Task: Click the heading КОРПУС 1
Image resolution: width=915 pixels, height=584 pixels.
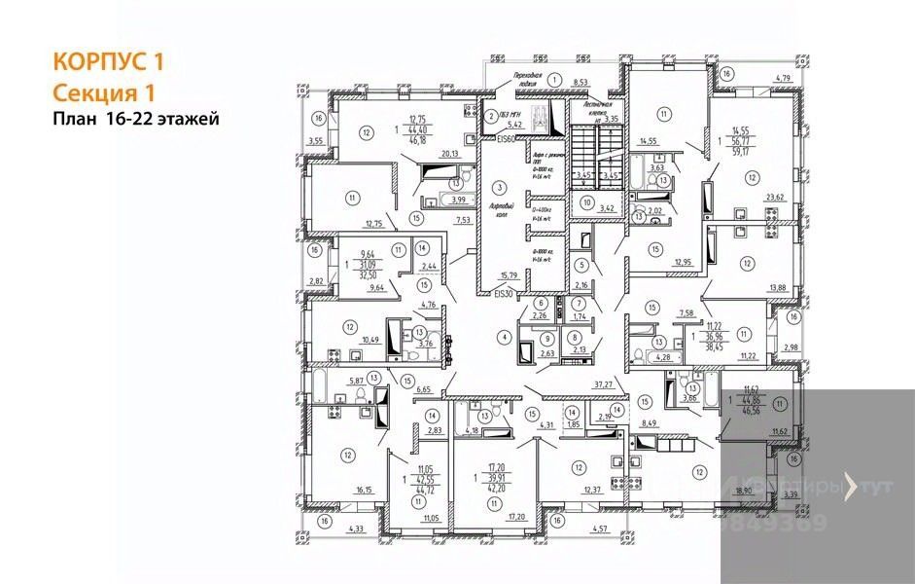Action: [107, 62]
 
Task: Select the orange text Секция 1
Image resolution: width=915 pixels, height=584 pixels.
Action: [104, 91]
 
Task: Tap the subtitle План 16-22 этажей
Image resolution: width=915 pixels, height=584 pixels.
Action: [136, 119]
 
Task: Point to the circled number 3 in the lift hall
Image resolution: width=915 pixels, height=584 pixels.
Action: [500, 187]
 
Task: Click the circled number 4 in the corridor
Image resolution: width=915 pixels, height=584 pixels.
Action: [503, 337]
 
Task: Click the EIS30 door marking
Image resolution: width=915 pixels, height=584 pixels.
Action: [502, 293]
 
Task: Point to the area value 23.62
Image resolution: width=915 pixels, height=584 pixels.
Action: [776, 197]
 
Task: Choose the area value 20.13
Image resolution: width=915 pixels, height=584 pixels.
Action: [449, 153]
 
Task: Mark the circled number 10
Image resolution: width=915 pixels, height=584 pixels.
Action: [586, 202]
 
